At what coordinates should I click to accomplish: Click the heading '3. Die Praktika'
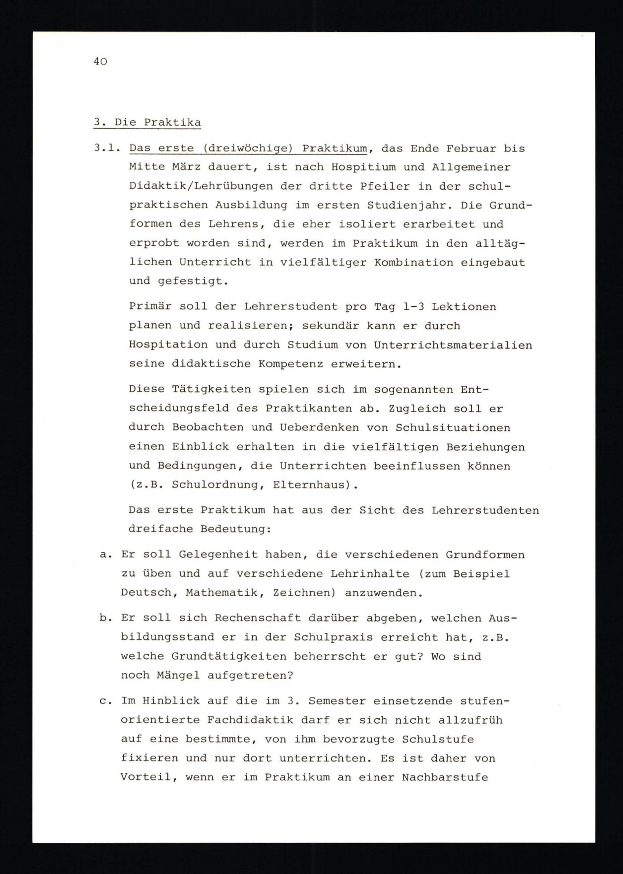(x=147, y=122)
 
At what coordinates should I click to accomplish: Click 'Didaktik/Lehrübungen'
(x=200, y=186)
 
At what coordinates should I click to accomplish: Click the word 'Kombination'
(x=414, y=262)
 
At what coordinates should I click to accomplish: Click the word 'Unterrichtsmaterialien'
(x=453, y=345)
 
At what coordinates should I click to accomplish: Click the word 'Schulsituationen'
(x=453, y=428)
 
